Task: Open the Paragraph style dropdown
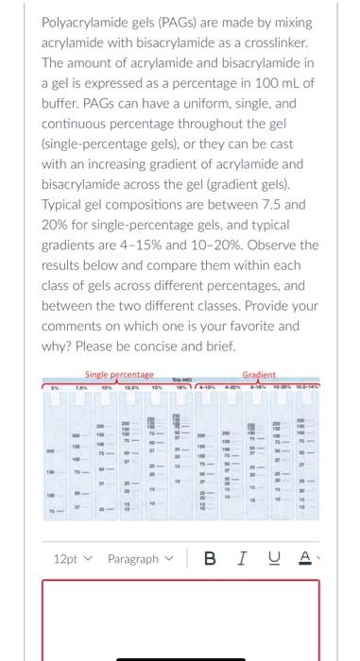pos(140,559)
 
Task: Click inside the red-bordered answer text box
pos(180,623)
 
